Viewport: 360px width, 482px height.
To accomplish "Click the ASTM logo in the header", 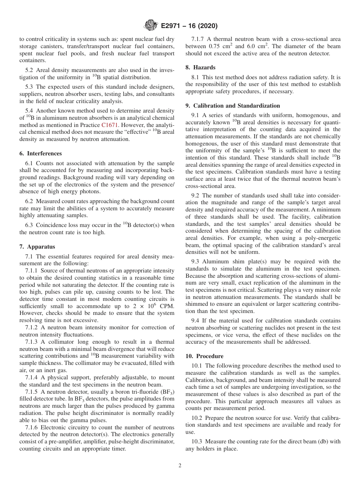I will click(151, 26).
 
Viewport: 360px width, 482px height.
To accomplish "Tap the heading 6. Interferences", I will click(41, 153).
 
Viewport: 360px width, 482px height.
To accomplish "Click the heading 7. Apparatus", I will click(37, 247).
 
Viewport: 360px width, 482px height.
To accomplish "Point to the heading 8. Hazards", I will click(200, 67).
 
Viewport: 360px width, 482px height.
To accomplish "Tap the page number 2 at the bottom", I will click(180, 466).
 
